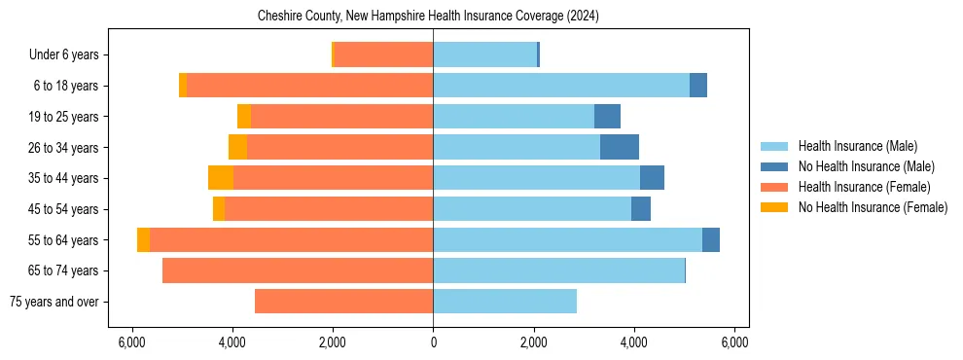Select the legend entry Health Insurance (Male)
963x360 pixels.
(x=857, y=146)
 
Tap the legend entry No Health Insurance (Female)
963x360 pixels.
(x=873, y=207)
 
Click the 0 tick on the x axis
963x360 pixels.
(x=433, y=342)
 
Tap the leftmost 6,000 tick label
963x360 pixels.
(x=131, y=342)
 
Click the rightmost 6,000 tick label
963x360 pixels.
(x=734, y=342)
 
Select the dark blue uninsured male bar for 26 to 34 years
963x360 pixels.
(x=620, y=147)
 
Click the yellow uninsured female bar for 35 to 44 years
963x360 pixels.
(x=221, y=178)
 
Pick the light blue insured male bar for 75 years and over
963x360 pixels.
(x=505, y=302)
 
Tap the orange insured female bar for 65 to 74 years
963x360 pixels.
(x=298, y=270)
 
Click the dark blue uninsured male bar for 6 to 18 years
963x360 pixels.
(x=698, y=86)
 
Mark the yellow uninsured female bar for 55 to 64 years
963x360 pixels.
(x=143, y=239)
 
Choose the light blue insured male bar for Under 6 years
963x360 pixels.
(x=484, y=55)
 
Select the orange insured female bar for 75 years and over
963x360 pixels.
(x=343, y=302)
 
